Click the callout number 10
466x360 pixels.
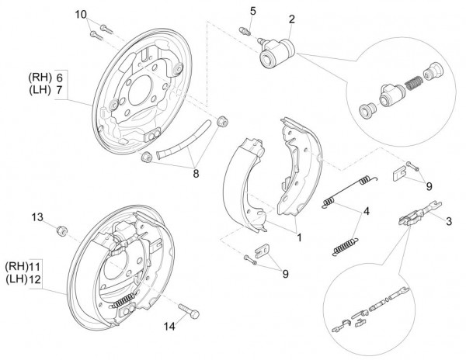[82, 15]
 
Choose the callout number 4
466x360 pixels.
[366, 211]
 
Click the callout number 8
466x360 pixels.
[196, 174]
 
